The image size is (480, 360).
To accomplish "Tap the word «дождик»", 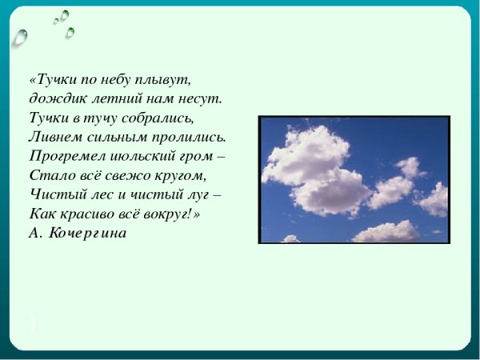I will point(53,100).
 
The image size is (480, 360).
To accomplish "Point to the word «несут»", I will point(198,100).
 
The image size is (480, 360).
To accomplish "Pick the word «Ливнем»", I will point(55,138).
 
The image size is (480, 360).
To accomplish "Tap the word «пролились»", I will point(192,138).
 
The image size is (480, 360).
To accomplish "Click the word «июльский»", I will point(142,157).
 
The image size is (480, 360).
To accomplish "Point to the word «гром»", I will point(198,157).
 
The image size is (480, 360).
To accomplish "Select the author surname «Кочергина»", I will point(88,233).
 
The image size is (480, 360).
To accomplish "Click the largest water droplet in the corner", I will point(20,37).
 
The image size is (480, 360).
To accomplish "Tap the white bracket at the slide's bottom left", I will point(32,322).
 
